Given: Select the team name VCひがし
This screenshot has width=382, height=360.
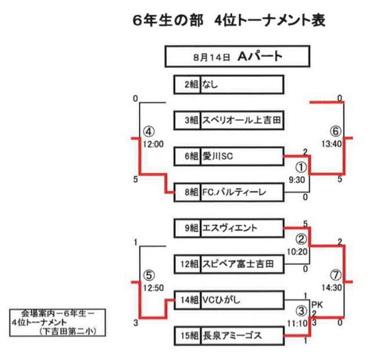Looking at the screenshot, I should pyautogui.click(x=221, y=300).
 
